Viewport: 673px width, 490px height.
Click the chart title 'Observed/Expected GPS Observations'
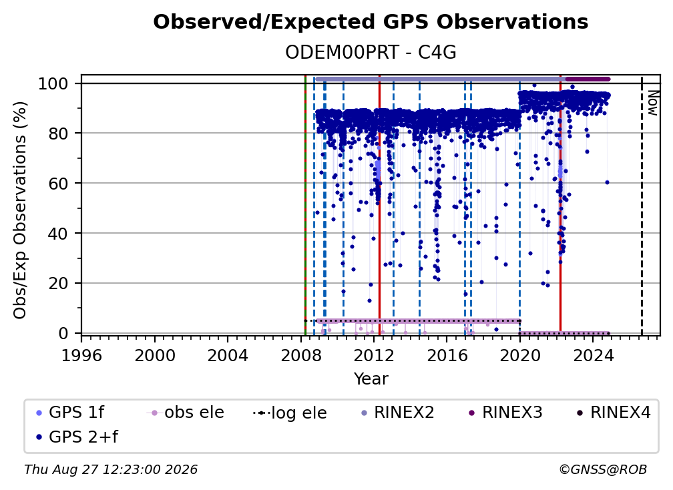pos(371,22)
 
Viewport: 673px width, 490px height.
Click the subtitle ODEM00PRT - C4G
pos(371,52)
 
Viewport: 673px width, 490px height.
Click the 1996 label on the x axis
pos(81,356)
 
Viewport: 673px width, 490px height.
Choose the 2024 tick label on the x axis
pos(593,356)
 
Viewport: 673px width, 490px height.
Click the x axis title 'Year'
pos(371,379)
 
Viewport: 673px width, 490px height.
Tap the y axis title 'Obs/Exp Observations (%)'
pos(20,210)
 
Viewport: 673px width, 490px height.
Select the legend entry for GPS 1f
pos(70,413)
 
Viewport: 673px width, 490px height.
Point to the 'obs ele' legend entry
pos(186,413)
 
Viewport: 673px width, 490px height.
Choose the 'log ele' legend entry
pos(290,413)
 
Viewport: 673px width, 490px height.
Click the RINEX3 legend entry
pos(505,413)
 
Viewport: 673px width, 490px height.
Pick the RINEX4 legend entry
pos(614,413)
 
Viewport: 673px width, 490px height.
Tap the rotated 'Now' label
pos(653,103)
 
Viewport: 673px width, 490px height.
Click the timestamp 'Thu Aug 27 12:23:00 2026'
pos(111,469)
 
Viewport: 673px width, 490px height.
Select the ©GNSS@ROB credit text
pos(603,469)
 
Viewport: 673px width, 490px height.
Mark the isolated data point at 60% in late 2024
pos(607,182)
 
